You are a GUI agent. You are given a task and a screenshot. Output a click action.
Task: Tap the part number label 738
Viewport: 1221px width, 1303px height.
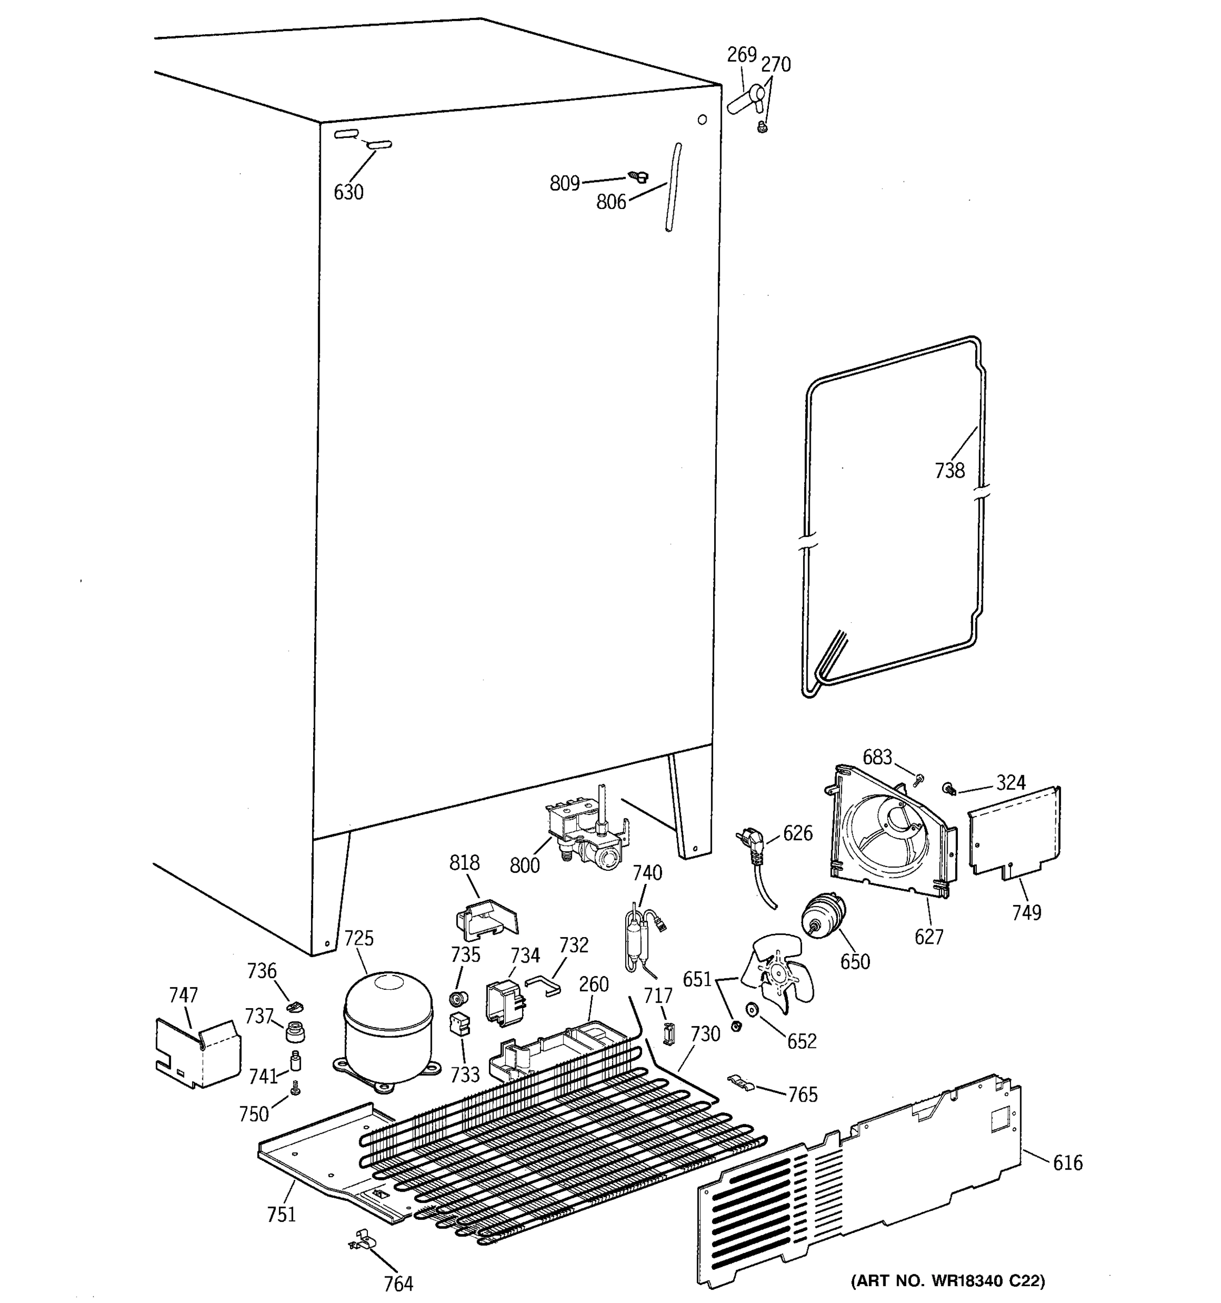click(950, 470)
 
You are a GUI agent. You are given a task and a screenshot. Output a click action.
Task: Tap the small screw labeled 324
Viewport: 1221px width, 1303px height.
click(947, 788)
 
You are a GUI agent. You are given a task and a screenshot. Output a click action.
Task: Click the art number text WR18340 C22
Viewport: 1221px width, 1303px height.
click(947, 1280)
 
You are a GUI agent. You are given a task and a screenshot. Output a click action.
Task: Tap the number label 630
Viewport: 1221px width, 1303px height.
click(348, 192)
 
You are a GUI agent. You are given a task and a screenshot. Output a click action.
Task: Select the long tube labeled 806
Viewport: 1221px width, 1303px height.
click(673, 187)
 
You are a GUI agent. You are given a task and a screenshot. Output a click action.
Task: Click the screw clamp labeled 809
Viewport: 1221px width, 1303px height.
click(637, 176)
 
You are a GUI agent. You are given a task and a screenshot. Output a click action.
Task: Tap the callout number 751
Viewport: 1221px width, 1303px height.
click(281, 1214)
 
